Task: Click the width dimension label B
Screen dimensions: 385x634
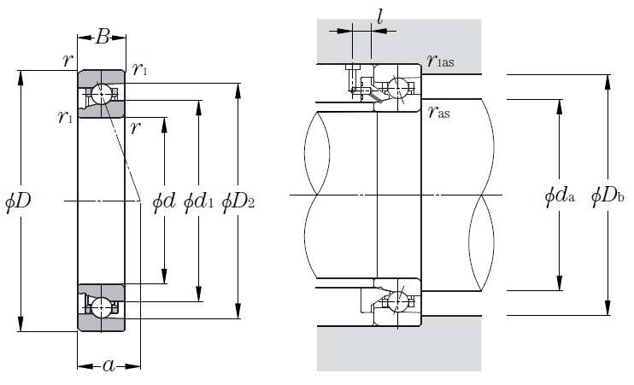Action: pyautogui.click(x=102, y=36)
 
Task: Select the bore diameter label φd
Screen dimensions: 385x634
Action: pyautogui.click(x=164, y=202)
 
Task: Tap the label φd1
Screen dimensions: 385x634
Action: pyautogui.click(x=201, y=202)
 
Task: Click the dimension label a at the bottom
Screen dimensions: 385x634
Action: pyautogui.click(x=109, y=365)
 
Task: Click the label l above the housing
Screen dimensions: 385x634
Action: pyautogui.click(x=379, y=16)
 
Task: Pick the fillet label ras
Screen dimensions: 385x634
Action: pyautogui.click(x=437, y=112)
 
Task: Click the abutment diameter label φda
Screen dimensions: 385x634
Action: pyautogui.click(x=560, y=195)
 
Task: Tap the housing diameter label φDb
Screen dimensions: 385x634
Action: pyautogui.click(x=608, y=195)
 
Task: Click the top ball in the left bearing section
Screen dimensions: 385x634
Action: pyautogui.click(x=102, y=94)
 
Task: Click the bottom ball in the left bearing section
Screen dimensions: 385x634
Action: pyautogui.click(x=102, y=306)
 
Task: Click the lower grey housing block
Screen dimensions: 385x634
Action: pyautogui.click(x=400, y=350)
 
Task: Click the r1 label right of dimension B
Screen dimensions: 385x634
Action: pyautogui.click(x=140, y=69)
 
